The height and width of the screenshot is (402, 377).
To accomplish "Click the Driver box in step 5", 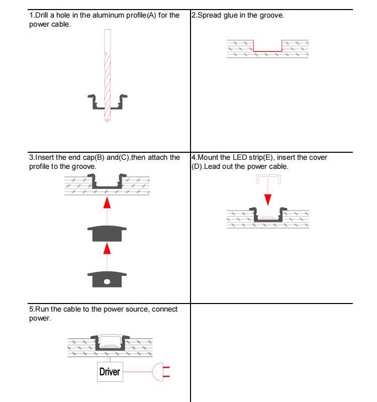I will pos(110,372).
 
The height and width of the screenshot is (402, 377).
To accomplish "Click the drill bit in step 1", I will pos(107,75).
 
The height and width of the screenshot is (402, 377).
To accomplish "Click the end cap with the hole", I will pos(107,279).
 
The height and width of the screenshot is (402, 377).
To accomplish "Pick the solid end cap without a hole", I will pos(107,234).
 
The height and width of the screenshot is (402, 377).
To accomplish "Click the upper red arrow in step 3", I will pos(107,202).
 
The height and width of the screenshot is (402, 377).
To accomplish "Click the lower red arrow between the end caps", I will pos(107,249).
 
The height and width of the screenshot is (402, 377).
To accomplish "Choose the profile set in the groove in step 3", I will pos(107,182).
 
